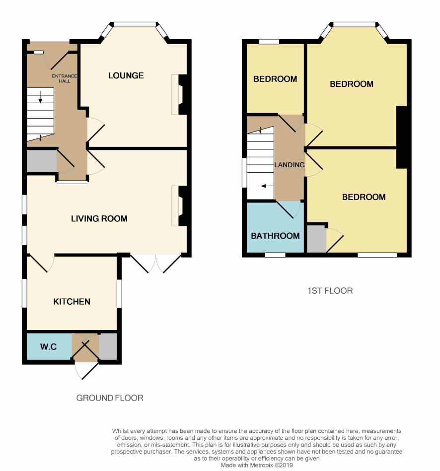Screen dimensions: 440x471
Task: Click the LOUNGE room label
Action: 126,75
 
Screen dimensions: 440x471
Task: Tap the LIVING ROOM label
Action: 99,218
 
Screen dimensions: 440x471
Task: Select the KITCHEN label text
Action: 72,302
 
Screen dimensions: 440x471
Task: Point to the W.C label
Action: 48,347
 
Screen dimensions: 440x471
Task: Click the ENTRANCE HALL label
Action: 65,78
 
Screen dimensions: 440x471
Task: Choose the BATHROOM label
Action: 275,236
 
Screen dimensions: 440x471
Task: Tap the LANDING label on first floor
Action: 290,165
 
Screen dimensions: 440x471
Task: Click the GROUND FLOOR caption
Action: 110,398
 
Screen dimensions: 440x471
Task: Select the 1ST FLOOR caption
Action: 330,291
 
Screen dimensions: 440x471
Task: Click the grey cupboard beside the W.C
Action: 108,346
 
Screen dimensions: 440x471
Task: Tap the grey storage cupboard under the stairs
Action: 42,161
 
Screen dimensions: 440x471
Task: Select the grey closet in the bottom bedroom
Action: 316,239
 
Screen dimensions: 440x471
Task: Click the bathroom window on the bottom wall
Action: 275,255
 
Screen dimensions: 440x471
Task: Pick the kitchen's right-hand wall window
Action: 119,294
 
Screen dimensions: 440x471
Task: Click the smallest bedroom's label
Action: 275,79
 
